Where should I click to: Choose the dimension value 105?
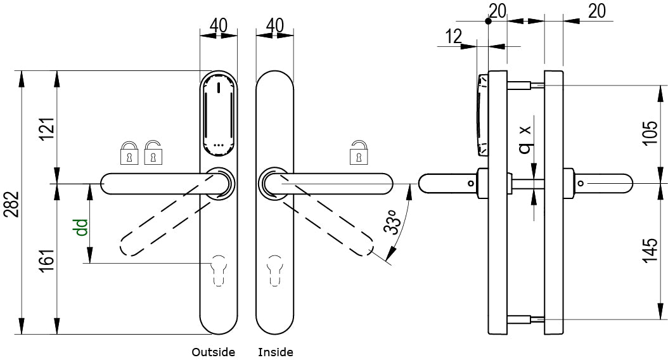click(x=650, y=133)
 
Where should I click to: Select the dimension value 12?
click(x=453, y=37)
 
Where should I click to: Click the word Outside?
click(x=214, y=352)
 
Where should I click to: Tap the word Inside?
click(x=276, y=352)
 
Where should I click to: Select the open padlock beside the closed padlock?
click(x=153, y=152)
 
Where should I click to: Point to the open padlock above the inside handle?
click(x=358, y=152)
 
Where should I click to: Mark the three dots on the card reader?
click(x=219, y=145)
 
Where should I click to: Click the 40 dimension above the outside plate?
click(x=219, y=25)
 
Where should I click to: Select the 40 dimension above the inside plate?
click(x=275, y=25)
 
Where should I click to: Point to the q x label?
click(x=524, y=139)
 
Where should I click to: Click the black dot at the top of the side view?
click(x=488, y=21)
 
